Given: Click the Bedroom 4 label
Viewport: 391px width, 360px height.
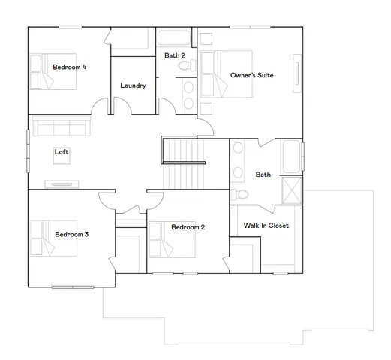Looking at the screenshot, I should [x=69, y=67].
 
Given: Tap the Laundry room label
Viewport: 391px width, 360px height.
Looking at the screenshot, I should [x=133, y=85].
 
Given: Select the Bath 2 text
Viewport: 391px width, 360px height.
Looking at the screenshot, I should [x=175, y=56].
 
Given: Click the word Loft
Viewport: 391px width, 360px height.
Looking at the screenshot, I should [x=62, y=152].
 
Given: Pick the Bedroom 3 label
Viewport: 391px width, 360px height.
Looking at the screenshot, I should [x=72, y=235].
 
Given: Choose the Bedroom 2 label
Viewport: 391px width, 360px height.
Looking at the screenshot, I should [x=188, y=227].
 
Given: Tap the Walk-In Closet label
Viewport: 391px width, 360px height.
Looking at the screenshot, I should [x=266, y=226].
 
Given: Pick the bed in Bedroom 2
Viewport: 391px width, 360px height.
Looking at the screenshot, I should [x=173, y=238].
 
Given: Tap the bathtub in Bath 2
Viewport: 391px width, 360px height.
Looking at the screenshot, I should [x=174, y=38].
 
